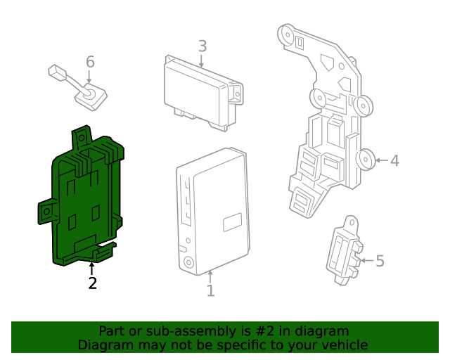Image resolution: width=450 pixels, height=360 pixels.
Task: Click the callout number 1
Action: pos(210,290)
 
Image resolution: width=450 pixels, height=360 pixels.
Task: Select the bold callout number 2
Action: pos(92,283)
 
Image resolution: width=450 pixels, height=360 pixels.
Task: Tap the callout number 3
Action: pos(202,46)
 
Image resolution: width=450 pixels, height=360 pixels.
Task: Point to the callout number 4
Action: pos(394,161)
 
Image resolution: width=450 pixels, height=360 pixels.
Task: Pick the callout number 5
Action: pos(380,262)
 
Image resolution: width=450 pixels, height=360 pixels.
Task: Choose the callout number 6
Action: pos(90,62)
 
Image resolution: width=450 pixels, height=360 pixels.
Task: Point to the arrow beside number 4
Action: pos(380,161)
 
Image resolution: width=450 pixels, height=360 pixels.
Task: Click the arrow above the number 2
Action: pos(91,269)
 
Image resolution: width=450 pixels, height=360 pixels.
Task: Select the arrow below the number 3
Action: pos(202,62)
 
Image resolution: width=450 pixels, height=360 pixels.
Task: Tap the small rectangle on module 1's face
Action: pos(233,223)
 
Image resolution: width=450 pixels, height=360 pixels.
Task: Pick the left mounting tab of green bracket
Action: pos(46,211)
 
